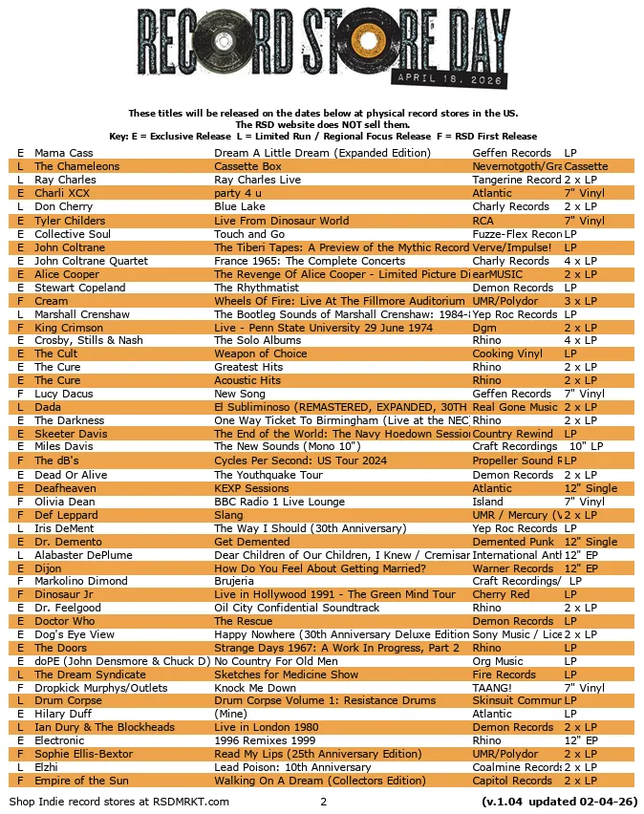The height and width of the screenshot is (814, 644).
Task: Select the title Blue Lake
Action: point(240,206)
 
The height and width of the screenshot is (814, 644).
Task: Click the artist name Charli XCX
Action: point(61,193)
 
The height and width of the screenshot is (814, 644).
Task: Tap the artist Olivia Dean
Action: point(64,502)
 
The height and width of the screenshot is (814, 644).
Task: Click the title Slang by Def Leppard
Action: point(229,515)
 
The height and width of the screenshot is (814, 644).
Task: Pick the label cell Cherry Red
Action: point(501,594)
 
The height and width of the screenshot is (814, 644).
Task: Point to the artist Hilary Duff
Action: point(61,714)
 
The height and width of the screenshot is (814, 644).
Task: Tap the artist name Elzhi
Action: point(47,767)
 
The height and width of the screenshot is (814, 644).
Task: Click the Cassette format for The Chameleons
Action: point(586,166)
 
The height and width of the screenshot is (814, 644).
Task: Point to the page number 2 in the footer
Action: point(324,801)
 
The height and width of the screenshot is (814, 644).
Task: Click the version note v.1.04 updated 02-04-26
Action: point(560,801)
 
